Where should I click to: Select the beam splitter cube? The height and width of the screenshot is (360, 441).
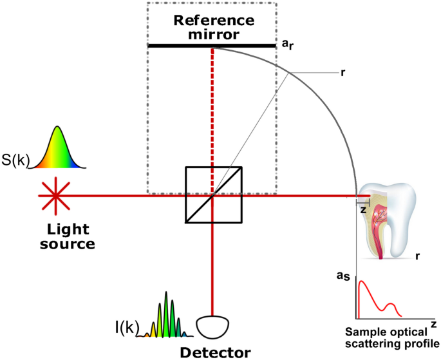pyautogui.click(x=213, y=195)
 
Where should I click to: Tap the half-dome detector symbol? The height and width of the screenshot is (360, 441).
pyautogui.click(x=212, y=327)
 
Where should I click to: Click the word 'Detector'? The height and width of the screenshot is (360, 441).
pyautogui.click(x=214, y=352)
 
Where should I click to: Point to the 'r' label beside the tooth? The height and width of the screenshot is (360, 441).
pyautogui.click(x=418, y=256)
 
